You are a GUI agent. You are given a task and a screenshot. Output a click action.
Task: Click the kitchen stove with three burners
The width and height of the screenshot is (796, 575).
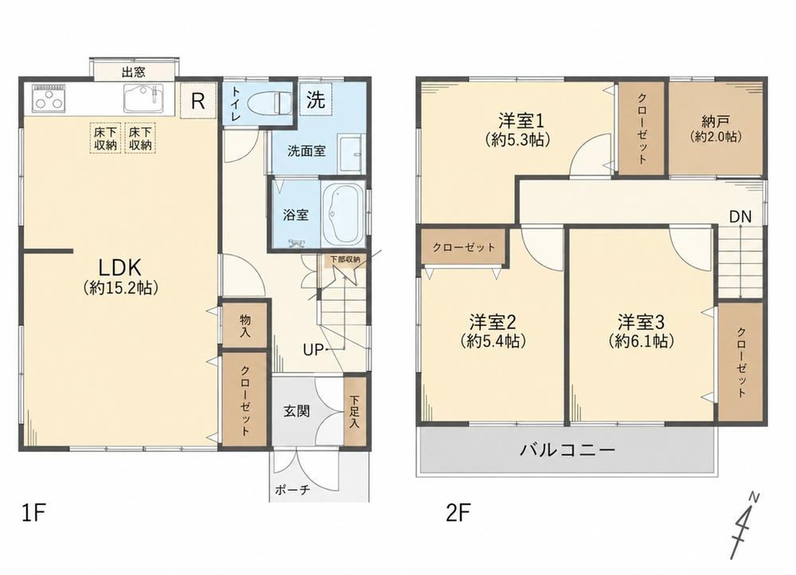49,99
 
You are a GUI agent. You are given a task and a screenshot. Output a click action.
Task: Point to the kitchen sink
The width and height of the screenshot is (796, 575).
143,98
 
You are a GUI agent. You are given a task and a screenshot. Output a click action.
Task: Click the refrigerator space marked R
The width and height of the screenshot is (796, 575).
198,101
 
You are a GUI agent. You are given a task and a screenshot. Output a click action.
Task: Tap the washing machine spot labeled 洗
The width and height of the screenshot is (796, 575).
316,99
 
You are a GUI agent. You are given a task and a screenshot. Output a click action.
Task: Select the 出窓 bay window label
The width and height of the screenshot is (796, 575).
134,72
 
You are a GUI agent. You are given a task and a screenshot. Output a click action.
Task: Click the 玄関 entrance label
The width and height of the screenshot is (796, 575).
296,410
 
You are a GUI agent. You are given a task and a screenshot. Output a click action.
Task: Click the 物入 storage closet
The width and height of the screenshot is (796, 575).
245,325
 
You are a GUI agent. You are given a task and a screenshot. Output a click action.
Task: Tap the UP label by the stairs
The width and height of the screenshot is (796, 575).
313,349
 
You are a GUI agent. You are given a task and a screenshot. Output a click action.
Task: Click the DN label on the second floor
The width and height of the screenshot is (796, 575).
740,216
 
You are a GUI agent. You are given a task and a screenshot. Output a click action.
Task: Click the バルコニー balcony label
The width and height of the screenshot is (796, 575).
567,450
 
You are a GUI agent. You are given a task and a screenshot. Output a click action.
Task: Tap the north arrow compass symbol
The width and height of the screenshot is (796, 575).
743,525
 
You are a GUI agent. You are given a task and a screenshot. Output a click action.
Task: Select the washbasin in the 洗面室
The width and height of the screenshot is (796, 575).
351,154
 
